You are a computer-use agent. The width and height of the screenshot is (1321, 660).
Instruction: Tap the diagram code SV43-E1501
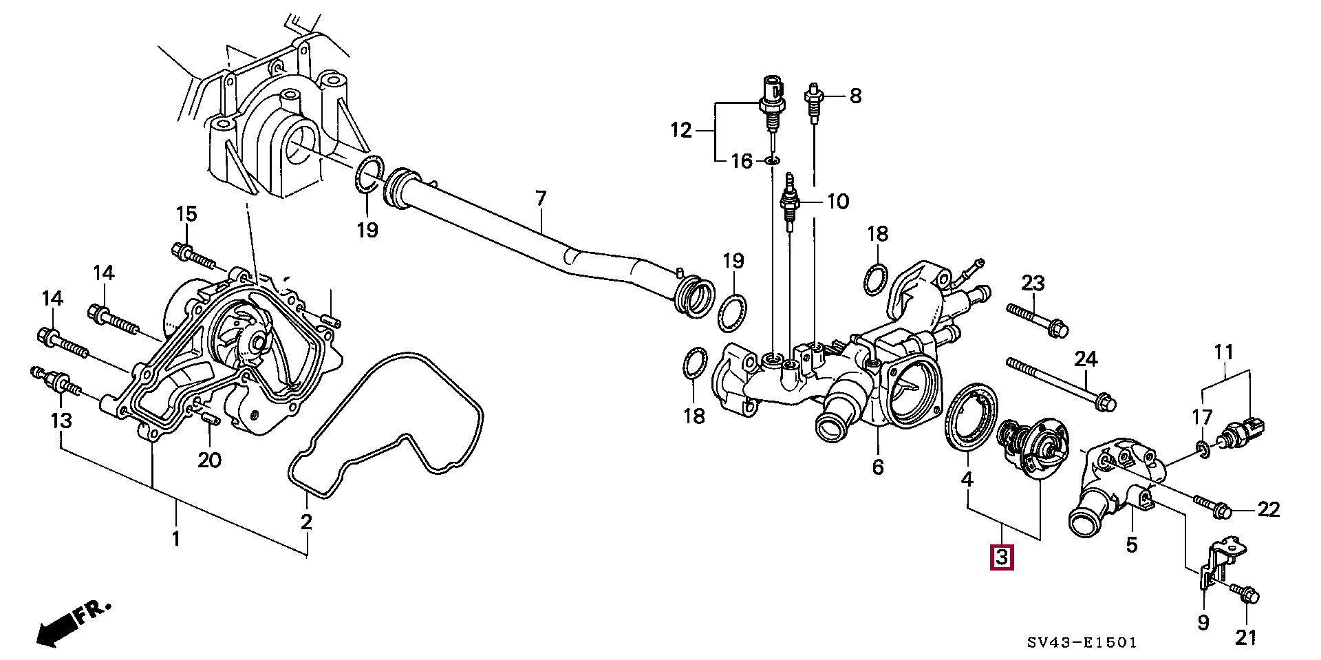point(1082,643)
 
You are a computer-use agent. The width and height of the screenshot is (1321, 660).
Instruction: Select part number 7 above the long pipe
point(541,200)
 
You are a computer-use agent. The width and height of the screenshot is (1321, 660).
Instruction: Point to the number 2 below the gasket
point(306,521)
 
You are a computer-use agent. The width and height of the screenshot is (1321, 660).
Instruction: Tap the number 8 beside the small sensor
point(855,96)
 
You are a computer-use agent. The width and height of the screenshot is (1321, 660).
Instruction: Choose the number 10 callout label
point(837,202)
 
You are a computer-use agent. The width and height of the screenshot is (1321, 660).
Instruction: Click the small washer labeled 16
point(772,161)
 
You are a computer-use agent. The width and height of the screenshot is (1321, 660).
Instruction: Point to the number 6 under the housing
point(878,467)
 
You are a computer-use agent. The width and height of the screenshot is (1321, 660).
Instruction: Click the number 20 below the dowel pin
point(209,459)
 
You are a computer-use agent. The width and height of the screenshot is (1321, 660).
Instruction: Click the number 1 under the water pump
point(175,537)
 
